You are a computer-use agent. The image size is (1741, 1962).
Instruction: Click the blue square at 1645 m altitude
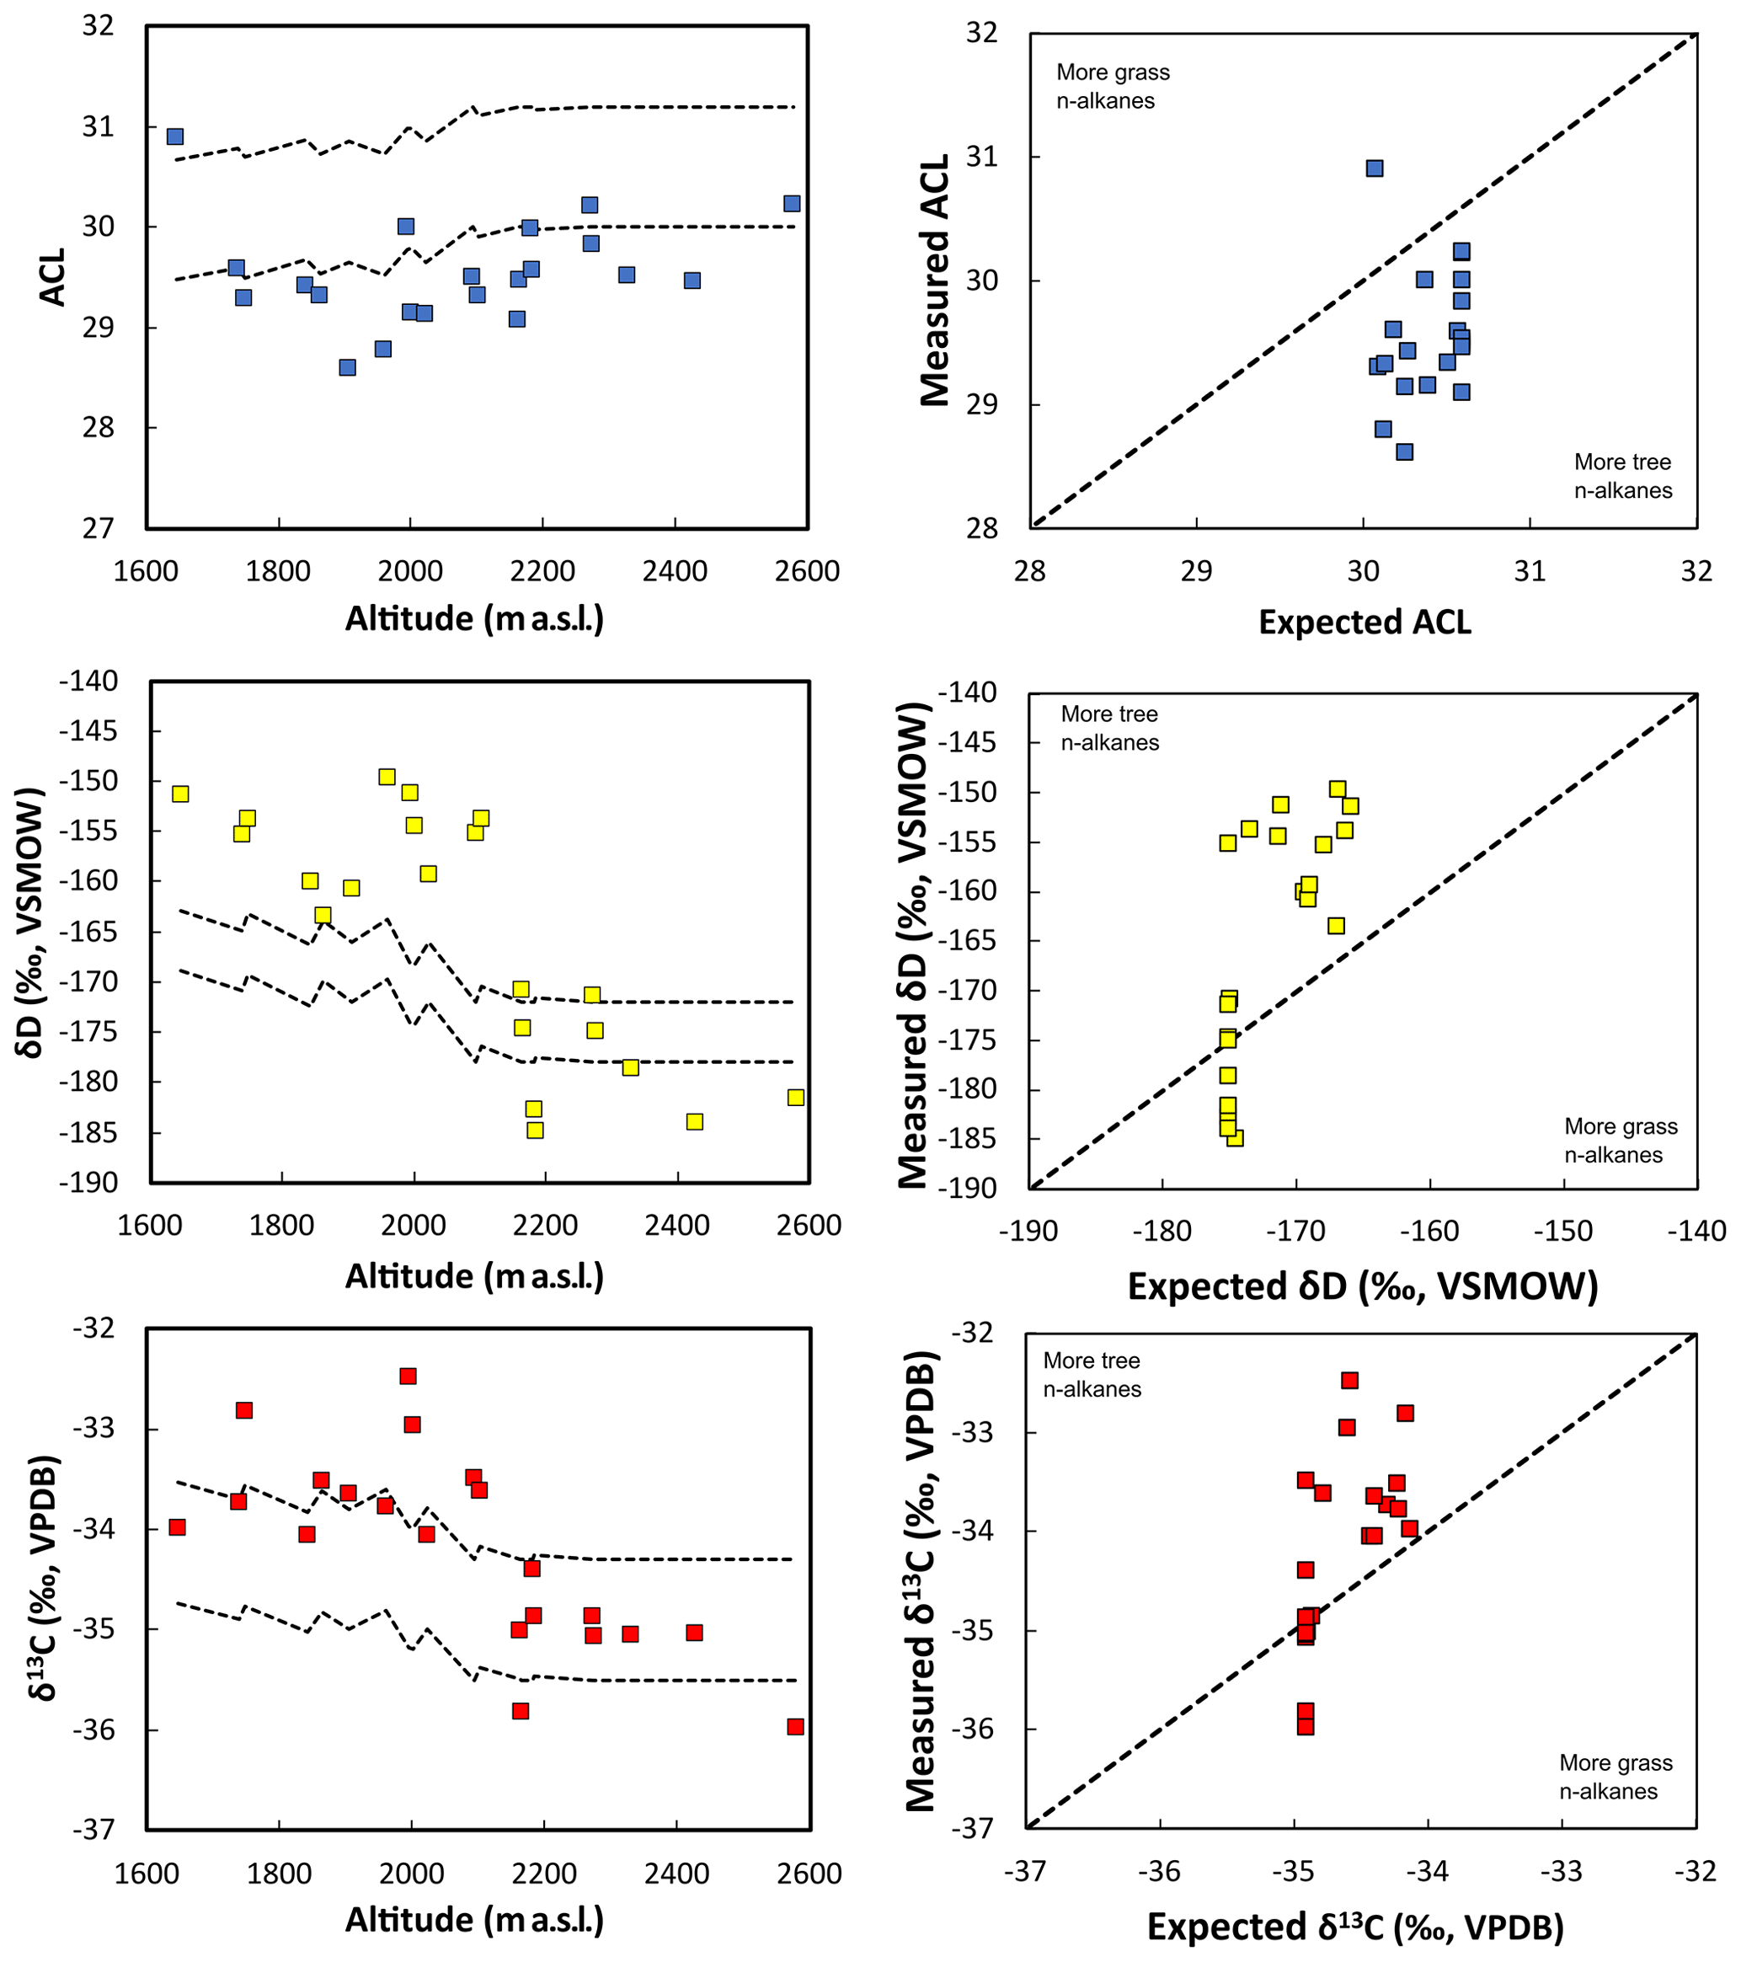tap(174, 136)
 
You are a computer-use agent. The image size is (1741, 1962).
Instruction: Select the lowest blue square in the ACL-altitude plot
tap(347, 367)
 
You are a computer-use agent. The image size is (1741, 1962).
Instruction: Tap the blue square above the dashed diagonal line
tap(1375, 168)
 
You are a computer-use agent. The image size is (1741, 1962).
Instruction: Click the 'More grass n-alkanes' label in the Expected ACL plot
tap(1113, 87)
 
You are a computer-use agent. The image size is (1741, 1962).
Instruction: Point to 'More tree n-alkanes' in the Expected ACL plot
tap(1622, 476)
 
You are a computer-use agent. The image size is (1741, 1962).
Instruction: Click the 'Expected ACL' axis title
tap(1364, 622)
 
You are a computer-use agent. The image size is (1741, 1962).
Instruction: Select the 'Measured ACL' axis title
tap(935, 281)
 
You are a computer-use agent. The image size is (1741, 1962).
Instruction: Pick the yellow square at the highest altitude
tap(796, 1097)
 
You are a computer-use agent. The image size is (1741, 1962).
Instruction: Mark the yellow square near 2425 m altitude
tap(695, 1121)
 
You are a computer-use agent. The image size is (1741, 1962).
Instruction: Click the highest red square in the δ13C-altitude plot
tap(408, 1377)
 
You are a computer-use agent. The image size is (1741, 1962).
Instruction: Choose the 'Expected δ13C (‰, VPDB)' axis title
tap(1355, 1927)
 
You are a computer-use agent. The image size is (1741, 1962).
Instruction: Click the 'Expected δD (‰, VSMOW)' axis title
tap(1363, 1286)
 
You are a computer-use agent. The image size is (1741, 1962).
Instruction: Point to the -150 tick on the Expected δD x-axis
tap(1563, 1232)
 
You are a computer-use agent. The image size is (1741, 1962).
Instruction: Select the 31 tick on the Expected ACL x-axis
tap(1530, 571)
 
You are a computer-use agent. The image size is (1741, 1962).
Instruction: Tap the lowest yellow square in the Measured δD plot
tap(1235, 1137)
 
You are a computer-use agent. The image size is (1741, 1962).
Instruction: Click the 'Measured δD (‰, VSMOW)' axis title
tap(914, 945)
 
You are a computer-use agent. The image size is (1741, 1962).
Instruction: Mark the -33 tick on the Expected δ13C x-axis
tap(1563, 1871)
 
